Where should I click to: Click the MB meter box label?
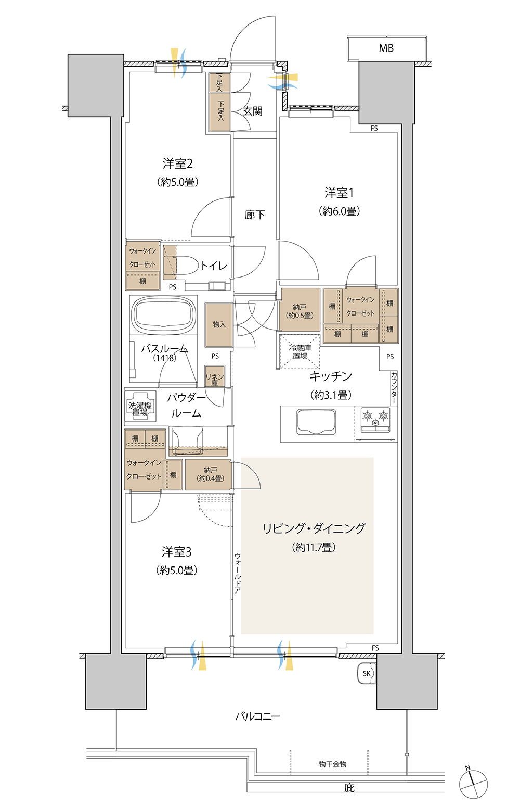386,48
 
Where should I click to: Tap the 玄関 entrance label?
253,111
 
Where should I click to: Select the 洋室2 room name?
178,164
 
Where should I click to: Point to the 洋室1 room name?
339,193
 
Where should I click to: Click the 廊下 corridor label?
254,215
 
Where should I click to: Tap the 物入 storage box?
219,325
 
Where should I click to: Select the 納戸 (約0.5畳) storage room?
300,309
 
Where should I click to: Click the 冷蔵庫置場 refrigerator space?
300,351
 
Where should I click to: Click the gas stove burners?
375,420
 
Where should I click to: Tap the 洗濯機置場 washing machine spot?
140,406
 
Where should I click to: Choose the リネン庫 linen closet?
215,377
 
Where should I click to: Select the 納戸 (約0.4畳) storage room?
209,474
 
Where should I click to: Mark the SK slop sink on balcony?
366,673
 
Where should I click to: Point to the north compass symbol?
473,784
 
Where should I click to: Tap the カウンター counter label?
394,387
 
